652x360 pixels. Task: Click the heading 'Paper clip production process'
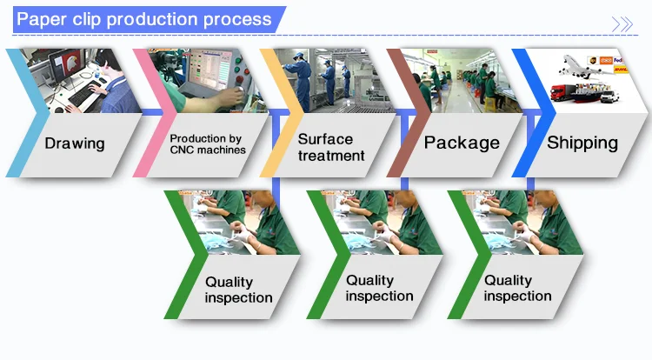coord(144,19)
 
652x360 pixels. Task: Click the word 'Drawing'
coord(75,143)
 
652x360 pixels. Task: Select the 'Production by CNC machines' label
coord(207,143)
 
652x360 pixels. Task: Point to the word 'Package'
coord(462,143)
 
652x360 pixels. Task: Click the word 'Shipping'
coord(582,142)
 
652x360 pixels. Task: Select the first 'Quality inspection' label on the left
coord(238,290)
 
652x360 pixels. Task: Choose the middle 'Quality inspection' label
coord(380,288)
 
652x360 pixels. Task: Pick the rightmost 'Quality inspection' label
coord(517,288)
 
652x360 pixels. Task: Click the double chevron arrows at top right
coord(623,24)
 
